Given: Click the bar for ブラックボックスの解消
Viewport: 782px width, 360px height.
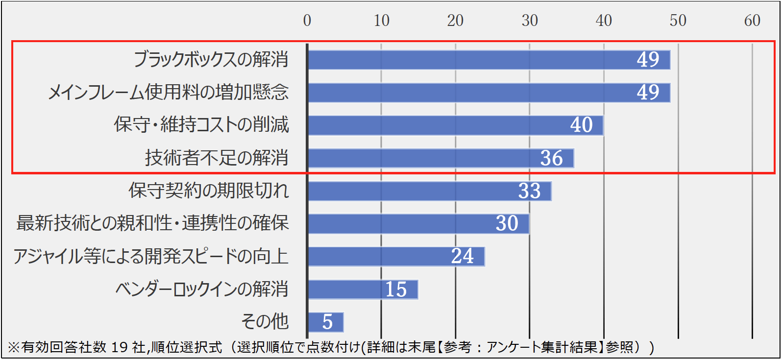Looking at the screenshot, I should pos(489,60).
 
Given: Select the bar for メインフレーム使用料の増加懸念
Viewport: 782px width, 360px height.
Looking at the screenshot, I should pos(489,93).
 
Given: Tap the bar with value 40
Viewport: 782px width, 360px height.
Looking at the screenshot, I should pos(456,125).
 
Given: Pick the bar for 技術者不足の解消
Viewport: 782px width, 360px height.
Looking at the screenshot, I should pos(441,158).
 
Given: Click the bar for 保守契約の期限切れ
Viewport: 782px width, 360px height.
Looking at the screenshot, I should pos(430,191).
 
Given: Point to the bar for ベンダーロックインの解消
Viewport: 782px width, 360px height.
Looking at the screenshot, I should pos(363,289).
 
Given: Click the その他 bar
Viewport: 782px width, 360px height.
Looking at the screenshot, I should pos(326,322).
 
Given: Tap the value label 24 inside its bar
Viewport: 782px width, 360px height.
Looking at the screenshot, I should pos(463,256).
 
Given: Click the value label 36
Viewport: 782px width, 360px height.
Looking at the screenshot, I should pos(551,158).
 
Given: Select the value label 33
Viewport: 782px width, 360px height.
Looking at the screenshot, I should pos(529,191).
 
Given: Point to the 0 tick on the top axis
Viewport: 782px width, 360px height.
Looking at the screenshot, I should pos(307,21).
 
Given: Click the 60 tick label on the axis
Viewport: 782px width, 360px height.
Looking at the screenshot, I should pos(752,21).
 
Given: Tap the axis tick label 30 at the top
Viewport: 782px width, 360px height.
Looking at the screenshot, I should pos(530,21).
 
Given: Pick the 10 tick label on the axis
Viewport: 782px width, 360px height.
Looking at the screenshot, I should pos(381,21).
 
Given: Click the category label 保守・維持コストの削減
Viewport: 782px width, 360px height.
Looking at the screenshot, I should pos(201,125).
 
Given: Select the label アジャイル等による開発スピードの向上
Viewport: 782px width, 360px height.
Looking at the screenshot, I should pos(151,256).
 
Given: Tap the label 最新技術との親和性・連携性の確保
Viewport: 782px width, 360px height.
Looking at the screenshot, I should pos(152,223).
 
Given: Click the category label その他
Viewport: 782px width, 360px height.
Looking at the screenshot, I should pos(265,322).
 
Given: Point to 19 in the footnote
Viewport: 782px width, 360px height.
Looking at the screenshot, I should pos(120,347).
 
